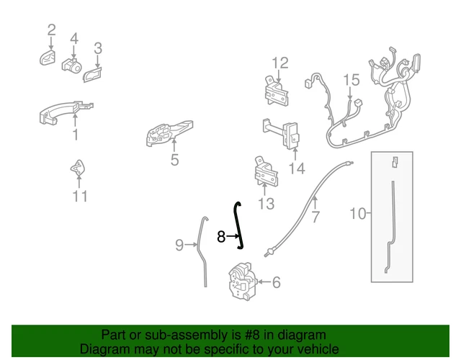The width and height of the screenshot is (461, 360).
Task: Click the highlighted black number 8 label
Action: click(221, 237)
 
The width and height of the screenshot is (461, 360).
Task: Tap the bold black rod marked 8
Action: click(238, 226)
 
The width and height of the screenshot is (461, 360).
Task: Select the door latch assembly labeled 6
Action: click(243, 281)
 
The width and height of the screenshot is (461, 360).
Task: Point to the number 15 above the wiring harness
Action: click(352, 80)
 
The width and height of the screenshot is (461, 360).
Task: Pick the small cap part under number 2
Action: click(48, 58)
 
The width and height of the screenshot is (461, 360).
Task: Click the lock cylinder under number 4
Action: click(71, 66)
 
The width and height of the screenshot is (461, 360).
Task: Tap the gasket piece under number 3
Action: click(93, 75)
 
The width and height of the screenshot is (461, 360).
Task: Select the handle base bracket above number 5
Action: click(169, 132)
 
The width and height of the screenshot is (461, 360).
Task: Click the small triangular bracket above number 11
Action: click(78, 168)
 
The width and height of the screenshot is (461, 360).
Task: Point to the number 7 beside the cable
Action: click(315, 217)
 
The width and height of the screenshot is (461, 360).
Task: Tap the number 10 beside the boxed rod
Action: click(358, 213)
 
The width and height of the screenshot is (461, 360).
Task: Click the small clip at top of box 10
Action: click(395, 162)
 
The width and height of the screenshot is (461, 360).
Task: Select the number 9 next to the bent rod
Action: click(179, 245)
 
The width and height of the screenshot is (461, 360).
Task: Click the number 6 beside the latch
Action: click(277, 282)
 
